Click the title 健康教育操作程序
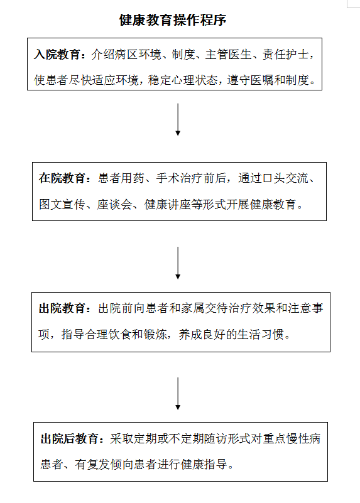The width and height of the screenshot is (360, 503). click(173, 20)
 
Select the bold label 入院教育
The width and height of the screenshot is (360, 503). click(57, 54)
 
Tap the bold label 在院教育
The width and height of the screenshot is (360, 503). click(62, 178)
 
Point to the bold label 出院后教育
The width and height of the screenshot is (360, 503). click(69, 438)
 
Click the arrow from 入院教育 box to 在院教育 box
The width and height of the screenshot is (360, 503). click(178, 119)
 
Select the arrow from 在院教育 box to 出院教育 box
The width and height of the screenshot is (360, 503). click(178, 263)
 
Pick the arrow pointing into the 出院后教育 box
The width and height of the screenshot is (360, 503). click(178, 394)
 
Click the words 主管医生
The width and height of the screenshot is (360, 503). click(228, 54)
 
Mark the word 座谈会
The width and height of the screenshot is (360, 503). click(114, 204)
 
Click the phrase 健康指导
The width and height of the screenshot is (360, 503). click(204, 464)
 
